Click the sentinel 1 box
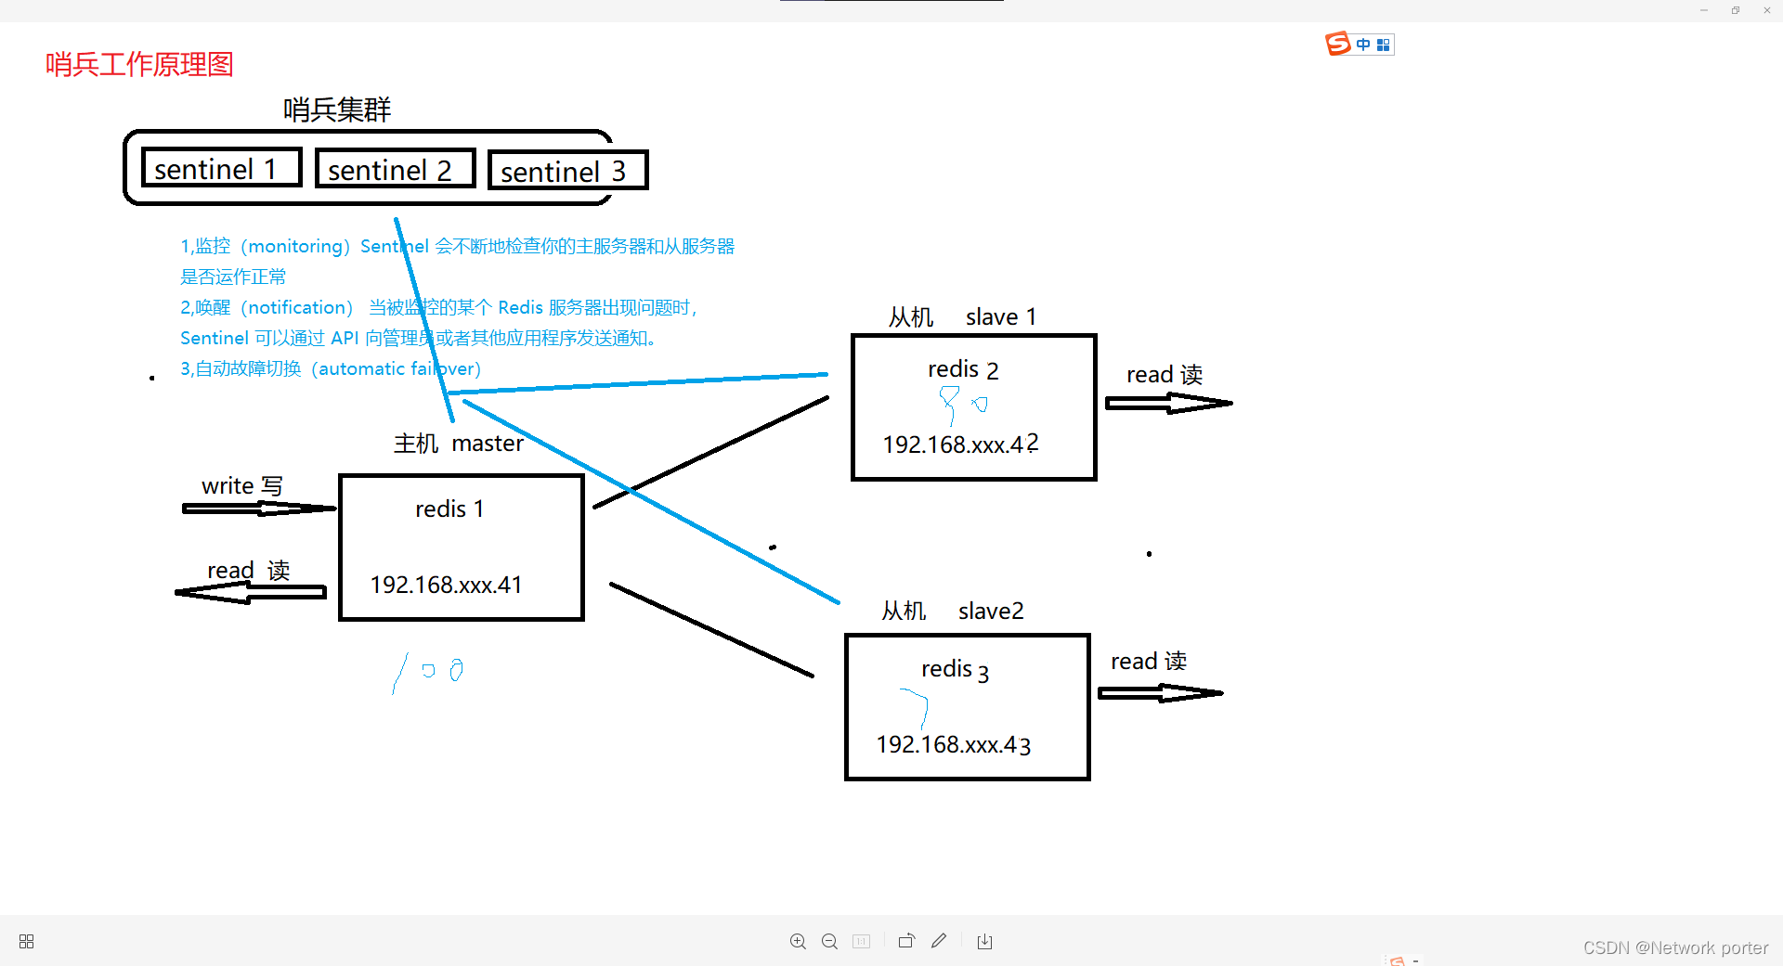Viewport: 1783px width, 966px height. click(x=221, y=168)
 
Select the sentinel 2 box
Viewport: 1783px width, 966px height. click(x=395, y=169)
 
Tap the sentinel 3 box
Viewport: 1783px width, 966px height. click(x=566, y=171)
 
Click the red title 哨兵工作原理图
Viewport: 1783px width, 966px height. click(x=139, y=64)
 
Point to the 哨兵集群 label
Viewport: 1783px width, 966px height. click(x=337, y=109)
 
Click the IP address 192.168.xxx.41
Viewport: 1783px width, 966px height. click(x=446, y=585)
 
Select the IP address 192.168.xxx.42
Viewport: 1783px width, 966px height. click(x=960, y=444)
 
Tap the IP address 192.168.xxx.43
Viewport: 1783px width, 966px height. click(x=954, y=744)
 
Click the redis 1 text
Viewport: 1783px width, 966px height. click(x=449, y=509)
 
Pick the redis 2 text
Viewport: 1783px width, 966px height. click(x=963, y=369)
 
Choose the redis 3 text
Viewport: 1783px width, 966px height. click(x=955, y=669)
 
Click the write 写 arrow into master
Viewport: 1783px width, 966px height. click(x=258, y=508)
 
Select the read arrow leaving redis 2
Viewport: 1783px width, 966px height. click(x=1168, y=403)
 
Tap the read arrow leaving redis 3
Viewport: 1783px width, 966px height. click(x=1160, y=692)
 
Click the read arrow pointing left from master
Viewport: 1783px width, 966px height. click(x=251, y=592)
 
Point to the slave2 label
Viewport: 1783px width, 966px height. click(x=991, y=611)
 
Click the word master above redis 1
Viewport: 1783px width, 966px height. click(x=488, y=444)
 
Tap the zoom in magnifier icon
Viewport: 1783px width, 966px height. click(x=798, y=941)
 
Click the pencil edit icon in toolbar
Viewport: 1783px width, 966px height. click(x=939, y=941)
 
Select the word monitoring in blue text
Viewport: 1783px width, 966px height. click(x=295, y=246)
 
